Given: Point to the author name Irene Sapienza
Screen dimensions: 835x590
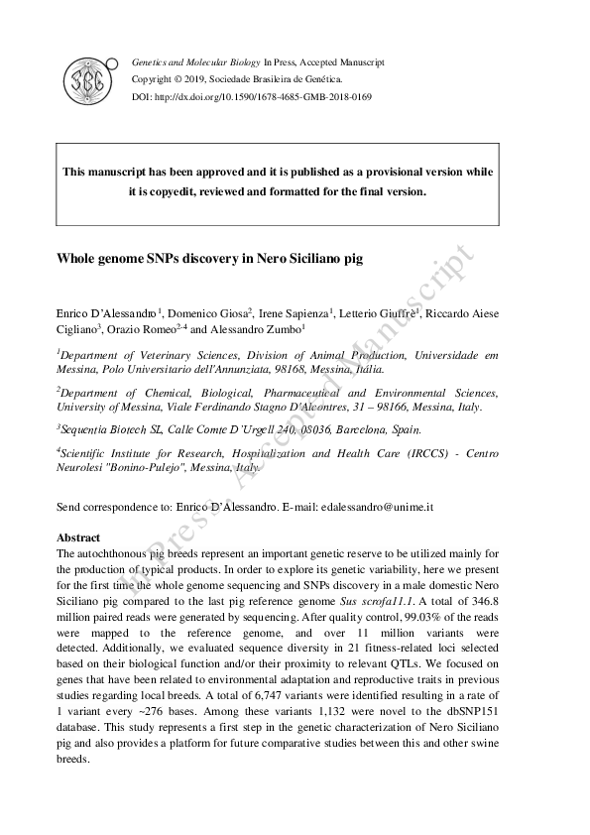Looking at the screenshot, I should (x=295, y=314).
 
